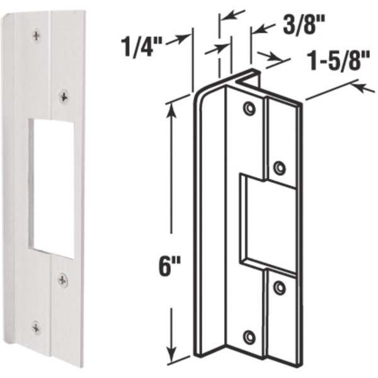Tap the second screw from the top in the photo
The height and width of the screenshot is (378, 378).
coord(64,96)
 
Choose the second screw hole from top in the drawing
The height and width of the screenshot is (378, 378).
coord(279,167)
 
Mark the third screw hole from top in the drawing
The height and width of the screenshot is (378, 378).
coord(279,288)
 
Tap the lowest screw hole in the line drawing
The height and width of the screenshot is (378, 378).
coord(250,336)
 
